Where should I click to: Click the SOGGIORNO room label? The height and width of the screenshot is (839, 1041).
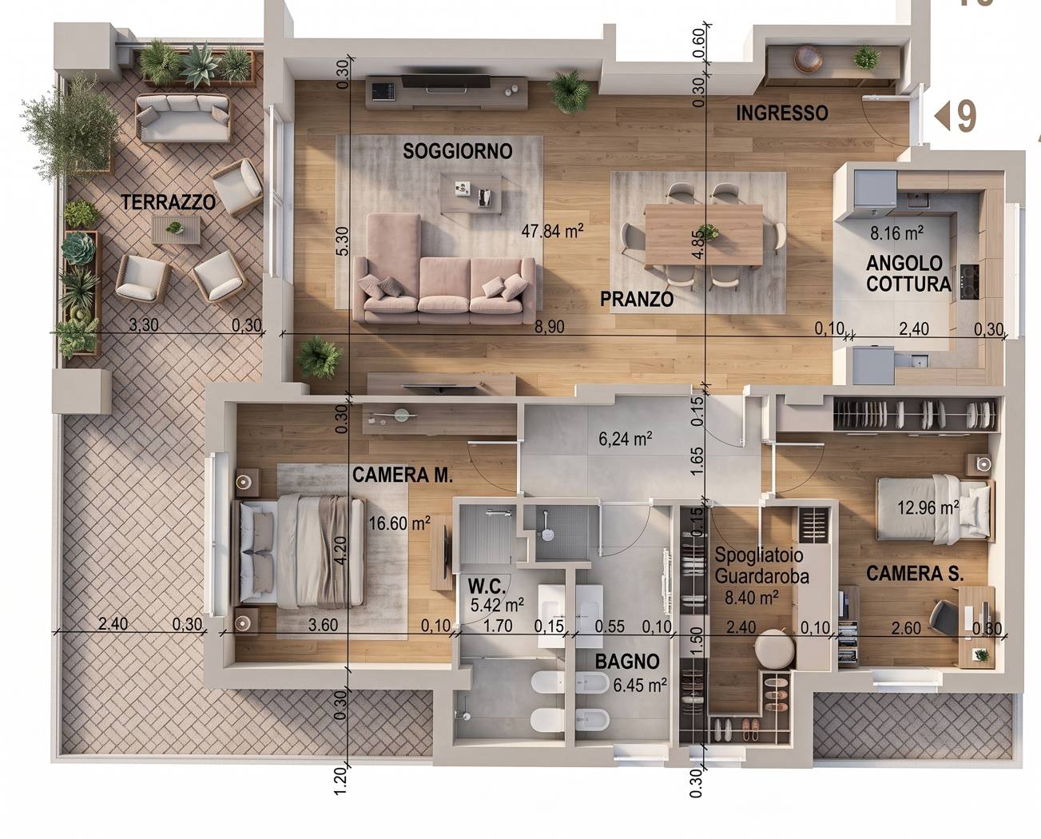(458, 151)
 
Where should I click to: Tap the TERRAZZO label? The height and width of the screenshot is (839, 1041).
(168, 202)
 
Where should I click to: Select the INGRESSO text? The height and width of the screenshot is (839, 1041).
(781, 113)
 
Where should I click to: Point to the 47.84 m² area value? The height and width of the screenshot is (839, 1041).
(552, 231)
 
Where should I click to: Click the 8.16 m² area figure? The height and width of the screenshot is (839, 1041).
(897, 233)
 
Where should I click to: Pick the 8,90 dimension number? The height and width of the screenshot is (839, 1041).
(549, 327)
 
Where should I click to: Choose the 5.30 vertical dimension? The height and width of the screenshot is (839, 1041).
(342, 241)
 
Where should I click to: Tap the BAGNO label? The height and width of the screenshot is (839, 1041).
(627, 662)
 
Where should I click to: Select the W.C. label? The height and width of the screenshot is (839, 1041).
(487, 587)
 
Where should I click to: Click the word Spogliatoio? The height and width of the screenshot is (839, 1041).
(758, 555)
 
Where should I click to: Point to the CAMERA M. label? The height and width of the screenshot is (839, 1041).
(403, 475)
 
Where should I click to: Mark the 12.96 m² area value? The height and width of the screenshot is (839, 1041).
(928, 507)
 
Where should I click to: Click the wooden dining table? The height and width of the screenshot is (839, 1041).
(704, 235)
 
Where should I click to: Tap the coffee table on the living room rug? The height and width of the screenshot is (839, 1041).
(471, 193)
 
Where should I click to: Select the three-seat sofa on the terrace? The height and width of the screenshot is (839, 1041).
(183, 117)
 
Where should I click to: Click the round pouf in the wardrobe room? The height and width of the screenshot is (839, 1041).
(774, 648)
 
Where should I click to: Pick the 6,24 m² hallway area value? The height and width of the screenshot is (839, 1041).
(626, 439)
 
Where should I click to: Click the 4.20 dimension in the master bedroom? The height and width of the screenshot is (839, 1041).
(341, 551)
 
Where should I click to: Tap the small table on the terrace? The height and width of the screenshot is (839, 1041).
(176, 230)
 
